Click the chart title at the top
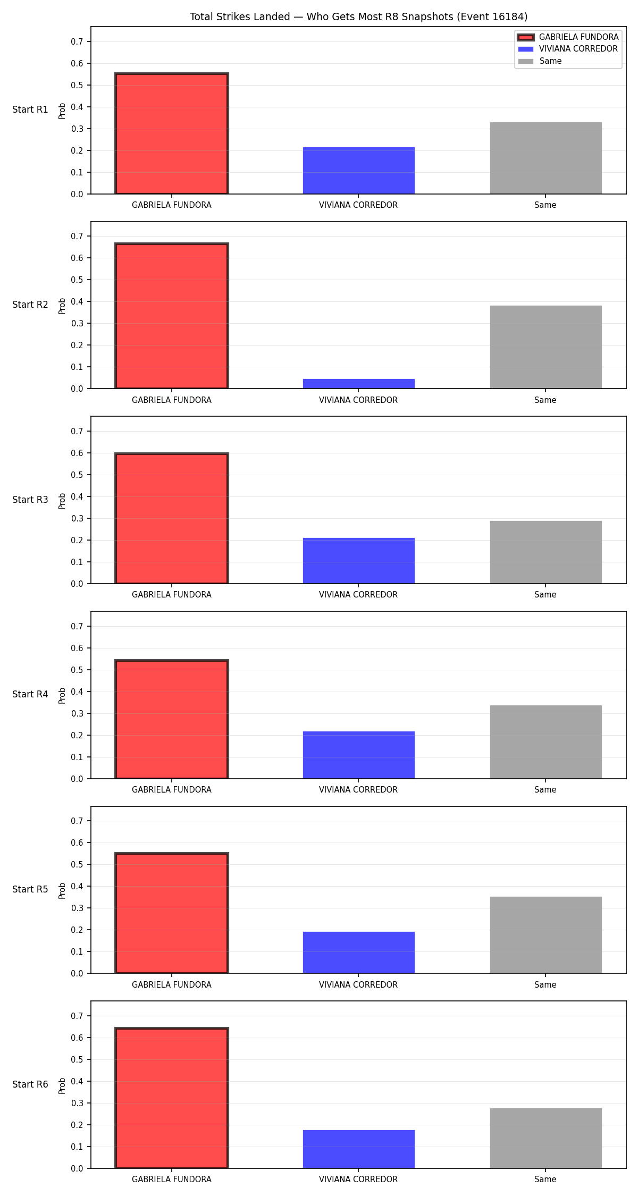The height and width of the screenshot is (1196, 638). pos(358,17)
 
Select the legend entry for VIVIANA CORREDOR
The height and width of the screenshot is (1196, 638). pos(568,49)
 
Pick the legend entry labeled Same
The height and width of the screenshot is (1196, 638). pos(540,61)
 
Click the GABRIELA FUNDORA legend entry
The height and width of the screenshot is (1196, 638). pos(568,37)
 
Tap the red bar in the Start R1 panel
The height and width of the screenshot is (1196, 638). pos(172,133)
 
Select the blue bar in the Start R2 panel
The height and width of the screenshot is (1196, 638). pos(359,384)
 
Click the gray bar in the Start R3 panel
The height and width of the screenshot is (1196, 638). pos(546,552)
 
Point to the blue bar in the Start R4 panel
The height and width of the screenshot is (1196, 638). pos(359,755)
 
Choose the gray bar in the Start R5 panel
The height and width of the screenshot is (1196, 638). pos(546,935)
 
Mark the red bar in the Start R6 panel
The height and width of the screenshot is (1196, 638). pos(172,1098)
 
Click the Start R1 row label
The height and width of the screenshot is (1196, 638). pos(30,110)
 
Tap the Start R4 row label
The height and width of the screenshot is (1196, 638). pos(30,694)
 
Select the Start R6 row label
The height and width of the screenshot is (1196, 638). pos(30,1084)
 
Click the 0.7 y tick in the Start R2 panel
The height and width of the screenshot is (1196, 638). pos(77,236)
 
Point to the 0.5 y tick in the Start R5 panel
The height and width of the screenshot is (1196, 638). pos(77,865)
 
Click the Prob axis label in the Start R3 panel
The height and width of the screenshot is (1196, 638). pos(62,501)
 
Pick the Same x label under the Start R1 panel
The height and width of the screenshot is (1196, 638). pos(545,205)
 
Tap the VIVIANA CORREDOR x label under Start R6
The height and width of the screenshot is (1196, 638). pos(358,1180)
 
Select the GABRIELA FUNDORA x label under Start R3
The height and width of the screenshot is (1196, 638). pos(172,595)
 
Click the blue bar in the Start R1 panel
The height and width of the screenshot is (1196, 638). pos(359,171)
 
